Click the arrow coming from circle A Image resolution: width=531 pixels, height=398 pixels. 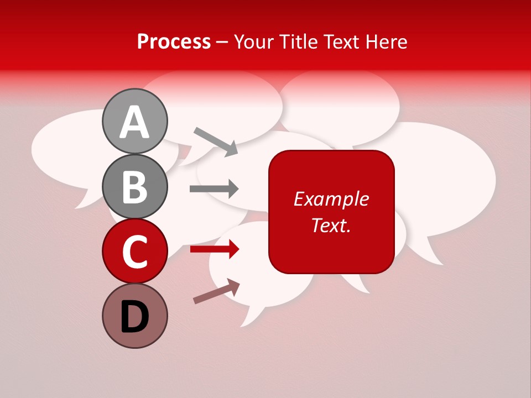coord(216,140)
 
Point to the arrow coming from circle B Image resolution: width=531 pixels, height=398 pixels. coord(214,189)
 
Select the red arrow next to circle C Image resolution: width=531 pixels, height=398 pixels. coord(214,250)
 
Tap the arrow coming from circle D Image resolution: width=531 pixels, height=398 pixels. coord(216,291)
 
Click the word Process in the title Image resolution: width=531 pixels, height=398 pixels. coord(174,41)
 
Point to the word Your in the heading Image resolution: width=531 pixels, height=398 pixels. coord(253,41)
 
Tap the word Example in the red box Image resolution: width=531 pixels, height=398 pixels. coord(331,199)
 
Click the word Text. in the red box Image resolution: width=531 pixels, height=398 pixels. coord(331,226)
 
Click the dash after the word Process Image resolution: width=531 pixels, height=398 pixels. coord(222,43)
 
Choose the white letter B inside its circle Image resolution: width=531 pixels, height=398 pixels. coord(135,186)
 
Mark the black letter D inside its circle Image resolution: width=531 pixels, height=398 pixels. coord(135,317)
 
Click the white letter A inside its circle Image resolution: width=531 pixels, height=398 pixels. coord(135,122)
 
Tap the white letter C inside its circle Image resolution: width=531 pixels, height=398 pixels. coord(135,252)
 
